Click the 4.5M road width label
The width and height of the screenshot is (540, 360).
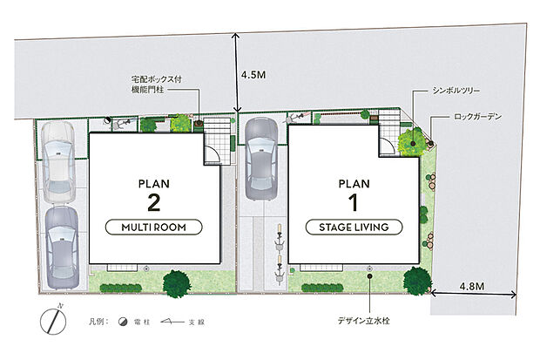pos(253,75)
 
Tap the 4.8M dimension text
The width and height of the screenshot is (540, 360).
pos(472,286)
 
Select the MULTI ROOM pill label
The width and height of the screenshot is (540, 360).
pos(153,228)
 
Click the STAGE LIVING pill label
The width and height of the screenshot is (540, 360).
pos(354,228)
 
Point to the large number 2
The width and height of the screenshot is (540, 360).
pos(153,202)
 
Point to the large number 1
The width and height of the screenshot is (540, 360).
pos(354,202)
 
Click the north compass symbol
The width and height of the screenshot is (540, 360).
pos(53,321)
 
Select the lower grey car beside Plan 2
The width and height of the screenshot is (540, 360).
pos(63,248)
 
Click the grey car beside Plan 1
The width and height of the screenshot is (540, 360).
pos(261,159)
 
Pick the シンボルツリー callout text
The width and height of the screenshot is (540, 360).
pos(456,91)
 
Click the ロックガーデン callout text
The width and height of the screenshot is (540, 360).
pos(477,117)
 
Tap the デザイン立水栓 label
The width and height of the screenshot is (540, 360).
pos(364,321)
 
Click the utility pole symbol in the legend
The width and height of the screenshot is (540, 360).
pos(123,322)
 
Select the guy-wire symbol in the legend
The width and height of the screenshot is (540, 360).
pos(172,322)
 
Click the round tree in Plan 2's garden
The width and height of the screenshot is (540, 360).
pos(177,283)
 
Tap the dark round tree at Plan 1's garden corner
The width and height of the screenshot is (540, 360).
pos(417,281)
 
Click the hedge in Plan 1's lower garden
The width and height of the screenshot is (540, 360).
pos(322,288)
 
